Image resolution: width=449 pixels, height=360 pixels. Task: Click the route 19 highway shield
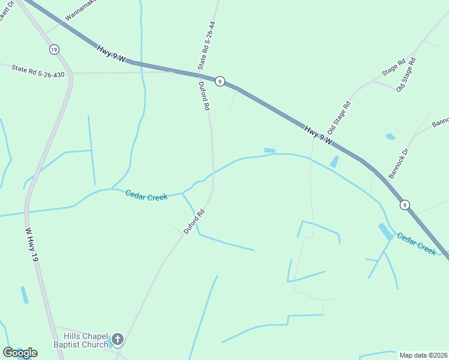coord(55,49)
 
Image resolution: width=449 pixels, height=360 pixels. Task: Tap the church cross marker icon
coord(118,340)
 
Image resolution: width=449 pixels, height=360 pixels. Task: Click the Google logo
coord(19,353)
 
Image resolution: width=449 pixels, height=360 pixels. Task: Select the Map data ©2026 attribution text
coord(424,355)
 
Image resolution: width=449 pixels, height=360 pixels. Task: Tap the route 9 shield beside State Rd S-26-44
coord(220,82)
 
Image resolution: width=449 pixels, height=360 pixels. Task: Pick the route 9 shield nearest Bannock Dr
coord(406,205)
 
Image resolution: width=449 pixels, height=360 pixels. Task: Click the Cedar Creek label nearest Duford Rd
coord(146,195)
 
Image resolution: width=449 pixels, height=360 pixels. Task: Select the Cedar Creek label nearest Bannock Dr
coord(416,243)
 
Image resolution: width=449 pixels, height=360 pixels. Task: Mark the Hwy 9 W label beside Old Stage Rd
coord(318,135)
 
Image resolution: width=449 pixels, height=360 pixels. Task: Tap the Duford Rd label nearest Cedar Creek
coord(194,221)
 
